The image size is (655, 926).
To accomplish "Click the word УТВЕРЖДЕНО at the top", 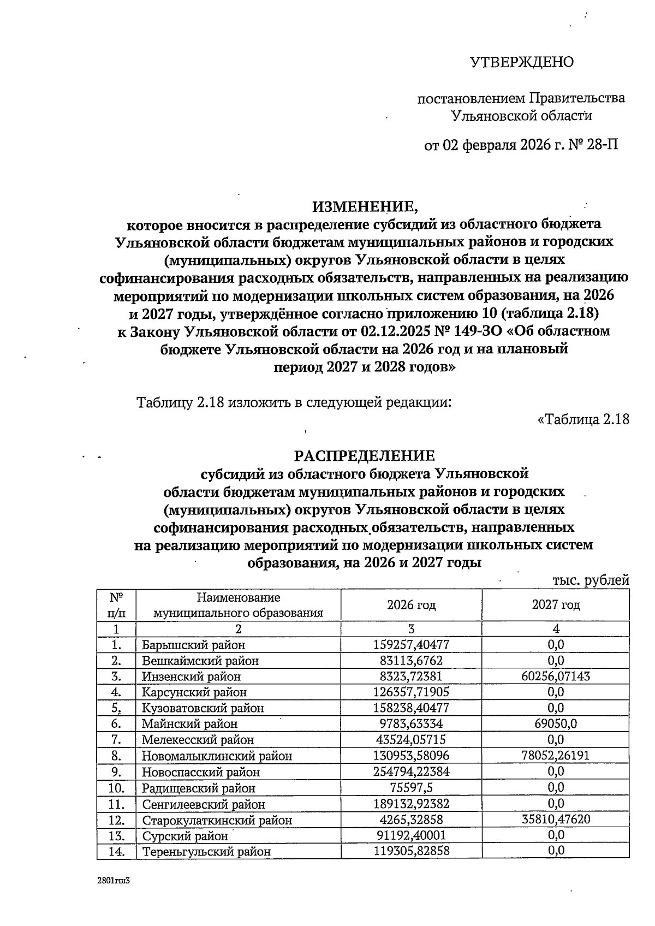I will (522, 62).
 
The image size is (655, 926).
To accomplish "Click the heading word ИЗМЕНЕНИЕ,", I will (365, 206).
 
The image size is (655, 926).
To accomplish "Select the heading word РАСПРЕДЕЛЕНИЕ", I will (365, 455).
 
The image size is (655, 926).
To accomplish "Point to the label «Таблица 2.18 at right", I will (583, 419).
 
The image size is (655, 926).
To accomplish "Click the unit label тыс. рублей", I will (591, 580).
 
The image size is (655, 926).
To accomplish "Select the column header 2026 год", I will (411, 604).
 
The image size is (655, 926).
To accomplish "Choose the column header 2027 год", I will (556, 604).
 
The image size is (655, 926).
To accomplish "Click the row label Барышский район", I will (193, 645).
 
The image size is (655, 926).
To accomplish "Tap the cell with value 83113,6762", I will (411, 661).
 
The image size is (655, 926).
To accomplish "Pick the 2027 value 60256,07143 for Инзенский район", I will (556, 676).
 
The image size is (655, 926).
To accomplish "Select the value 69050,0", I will (556, 724).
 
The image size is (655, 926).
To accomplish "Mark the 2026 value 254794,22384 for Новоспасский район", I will (411, 771).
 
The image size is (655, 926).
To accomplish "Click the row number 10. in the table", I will (116, 788).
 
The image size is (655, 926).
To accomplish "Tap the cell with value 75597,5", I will (411, 788).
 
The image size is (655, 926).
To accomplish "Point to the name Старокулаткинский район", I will (217, 820).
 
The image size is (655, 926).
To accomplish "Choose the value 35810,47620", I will (556, 820).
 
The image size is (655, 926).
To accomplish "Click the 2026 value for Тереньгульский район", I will (411, 851).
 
